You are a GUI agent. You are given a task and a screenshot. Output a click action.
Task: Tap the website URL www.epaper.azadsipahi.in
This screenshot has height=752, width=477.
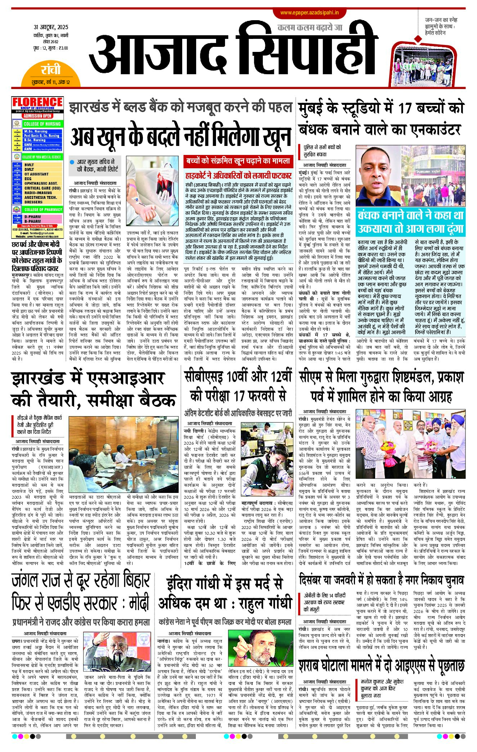click(x=310, y=13)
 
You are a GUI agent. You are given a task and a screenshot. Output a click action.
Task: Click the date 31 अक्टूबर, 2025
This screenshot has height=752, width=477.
click(x=51, y=27)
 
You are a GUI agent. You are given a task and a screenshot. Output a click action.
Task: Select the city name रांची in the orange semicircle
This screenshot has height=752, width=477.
click(x=51, y=70)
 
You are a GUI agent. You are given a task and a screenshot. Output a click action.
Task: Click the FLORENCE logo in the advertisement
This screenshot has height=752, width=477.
click(x=37, y=102)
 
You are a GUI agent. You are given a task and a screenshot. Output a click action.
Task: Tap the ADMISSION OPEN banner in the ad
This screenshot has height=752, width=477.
click(x=37, y=116)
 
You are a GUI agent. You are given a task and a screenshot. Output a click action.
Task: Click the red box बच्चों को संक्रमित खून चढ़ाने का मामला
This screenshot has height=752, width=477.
click(x=238, y=161)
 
